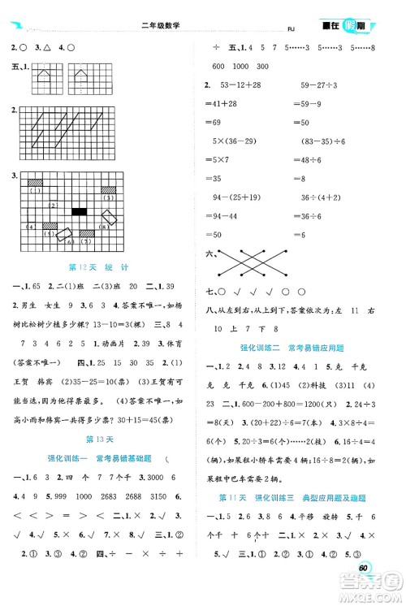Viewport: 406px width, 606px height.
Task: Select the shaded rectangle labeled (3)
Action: [x=107, y=189]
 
